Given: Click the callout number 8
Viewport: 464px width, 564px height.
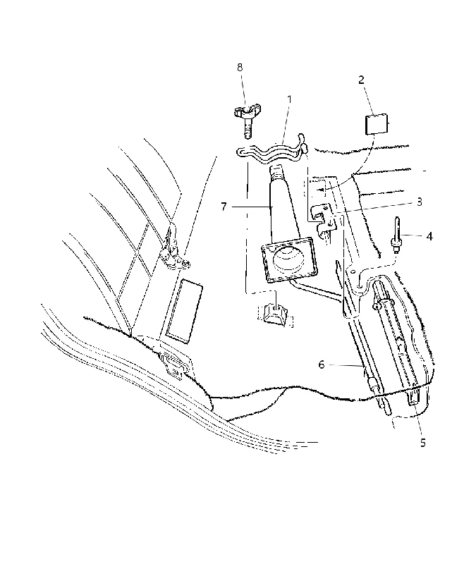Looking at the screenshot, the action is pyautogui.click(x=240, y=67).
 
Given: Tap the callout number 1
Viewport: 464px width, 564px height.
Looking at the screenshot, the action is pyautogui.click(x=289, y=99).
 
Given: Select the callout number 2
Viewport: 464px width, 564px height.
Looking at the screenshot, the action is pyautogui.click(x=361, y=80).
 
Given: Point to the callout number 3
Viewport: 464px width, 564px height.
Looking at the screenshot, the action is pyautogui.click(x=419, y=202).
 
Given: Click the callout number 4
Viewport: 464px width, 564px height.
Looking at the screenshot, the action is pyautogui.click(x=429, y=236).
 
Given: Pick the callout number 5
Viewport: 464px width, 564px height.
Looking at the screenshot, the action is pyautogui.click(x=423, y=443).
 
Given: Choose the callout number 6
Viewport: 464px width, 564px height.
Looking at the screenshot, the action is pyautogui.click(x=322, y=364).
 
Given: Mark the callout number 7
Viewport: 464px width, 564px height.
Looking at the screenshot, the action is pyautogui.click(x=224, y=207).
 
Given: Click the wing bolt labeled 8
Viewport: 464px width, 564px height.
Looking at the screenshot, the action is pyautogui.click(x=247, y=121).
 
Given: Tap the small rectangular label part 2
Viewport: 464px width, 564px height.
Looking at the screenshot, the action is pyautogui.click(x=377, y=124).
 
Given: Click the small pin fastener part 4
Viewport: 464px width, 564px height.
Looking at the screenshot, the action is pyautogui.click(x=396, y=235).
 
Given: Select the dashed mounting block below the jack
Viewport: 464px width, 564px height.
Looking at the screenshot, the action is pyautogui.click(x=276, y=314).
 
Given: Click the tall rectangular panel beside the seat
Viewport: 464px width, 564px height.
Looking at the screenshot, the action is pyautogui.click(x=184, y=310).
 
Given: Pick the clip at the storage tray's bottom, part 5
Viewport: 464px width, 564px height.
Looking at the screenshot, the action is pyautogui.click(x=415, y=398).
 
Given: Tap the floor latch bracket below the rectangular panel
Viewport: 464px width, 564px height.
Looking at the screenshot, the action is pyautogui.click(x=176, y=365).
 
